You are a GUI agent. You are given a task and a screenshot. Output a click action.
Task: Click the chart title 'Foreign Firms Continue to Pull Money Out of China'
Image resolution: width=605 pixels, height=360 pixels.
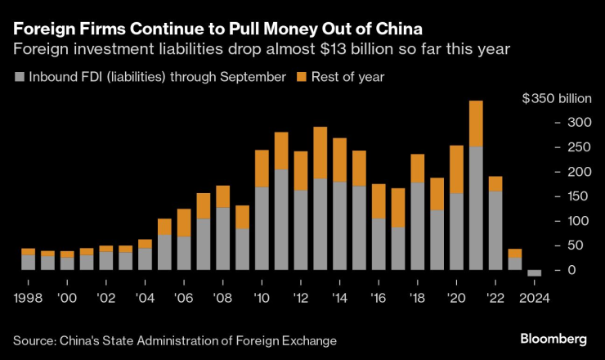(212, 28)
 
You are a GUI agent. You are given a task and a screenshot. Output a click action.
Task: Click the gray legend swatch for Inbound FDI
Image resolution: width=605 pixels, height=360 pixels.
(20, 78)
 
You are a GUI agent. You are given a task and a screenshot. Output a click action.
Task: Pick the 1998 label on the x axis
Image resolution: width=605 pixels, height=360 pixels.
(29, 299)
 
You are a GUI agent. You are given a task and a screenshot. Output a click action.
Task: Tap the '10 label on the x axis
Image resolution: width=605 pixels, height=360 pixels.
(262, 299)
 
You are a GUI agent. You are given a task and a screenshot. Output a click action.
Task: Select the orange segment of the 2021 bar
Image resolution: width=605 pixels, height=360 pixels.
(476, 124)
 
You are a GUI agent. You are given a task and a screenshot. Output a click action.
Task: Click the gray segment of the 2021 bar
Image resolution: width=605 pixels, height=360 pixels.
(476, 208)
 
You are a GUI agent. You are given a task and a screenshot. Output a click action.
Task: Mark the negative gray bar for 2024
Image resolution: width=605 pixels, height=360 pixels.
(534, 273)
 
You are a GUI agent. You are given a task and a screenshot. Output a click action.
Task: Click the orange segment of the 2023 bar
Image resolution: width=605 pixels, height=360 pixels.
(514, 253)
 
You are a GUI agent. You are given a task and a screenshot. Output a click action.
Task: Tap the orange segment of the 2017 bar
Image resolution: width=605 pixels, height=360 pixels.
(398, 208)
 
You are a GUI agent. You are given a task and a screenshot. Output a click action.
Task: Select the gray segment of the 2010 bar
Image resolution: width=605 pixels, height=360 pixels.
(262, 228)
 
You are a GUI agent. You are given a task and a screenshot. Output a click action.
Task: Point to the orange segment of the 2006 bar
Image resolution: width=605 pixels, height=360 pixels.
(185, 223)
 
